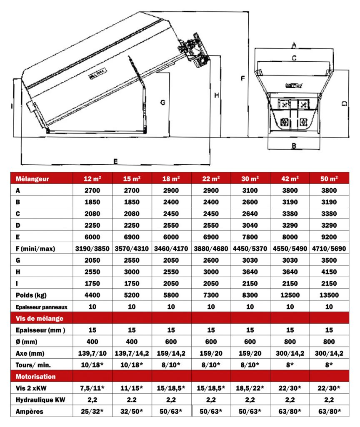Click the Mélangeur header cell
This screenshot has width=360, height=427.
32,179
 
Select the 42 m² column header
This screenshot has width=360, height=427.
290,179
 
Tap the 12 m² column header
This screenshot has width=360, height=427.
92,179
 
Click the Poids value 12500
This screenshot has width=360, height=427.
290,296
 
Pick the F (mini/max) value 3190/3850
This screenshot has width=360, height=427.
92,249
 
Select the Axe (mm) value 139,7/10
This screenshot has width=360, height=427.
92,353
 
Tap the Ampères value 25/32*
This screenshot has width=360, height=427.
92,412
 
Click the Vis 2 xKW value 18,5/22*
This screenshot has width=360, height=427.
250,388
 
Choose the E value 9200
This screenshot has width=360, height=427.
330,237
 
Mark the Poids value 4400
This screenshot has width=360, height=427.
92,296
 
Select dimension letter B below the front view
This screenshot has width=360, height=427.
294,146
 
